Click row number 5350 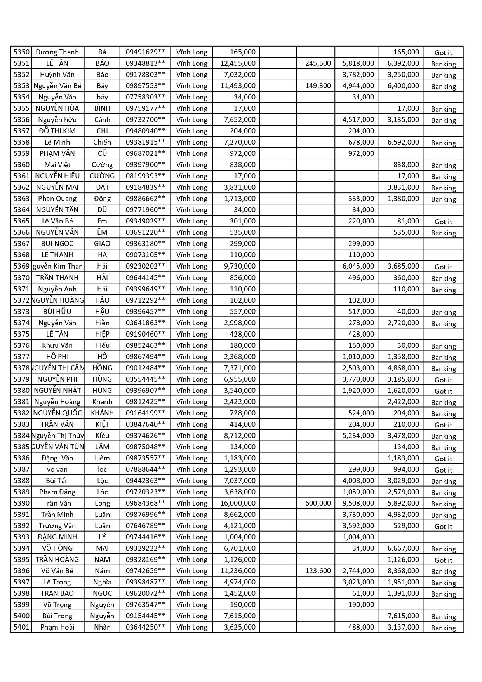[21, 52]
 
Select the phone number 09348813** [145, 63]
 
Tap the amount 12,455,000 [238, 63]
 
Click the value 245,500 [318, 63]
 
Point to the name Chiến [102, 142]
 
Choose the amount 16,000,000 [238, 503]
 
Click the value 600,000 [318, 503]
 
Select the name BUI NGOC [57, 244]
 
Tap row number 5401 [21, 627]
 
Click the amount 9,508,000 [358, 503]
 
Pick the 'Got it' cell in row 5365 [443, 222]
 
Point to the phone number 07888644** [145, 469]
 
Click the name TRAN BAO [57, 593]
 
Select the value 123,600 [318, 571]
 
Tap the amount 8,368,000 [403, 571]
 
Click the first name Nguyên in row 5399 [102, 605]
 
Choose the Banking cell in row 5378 [443, 368]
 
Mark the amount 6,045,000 [358, 267]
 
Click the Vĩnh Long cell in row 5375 [192, 334]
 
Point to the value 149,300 [318, 86]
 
